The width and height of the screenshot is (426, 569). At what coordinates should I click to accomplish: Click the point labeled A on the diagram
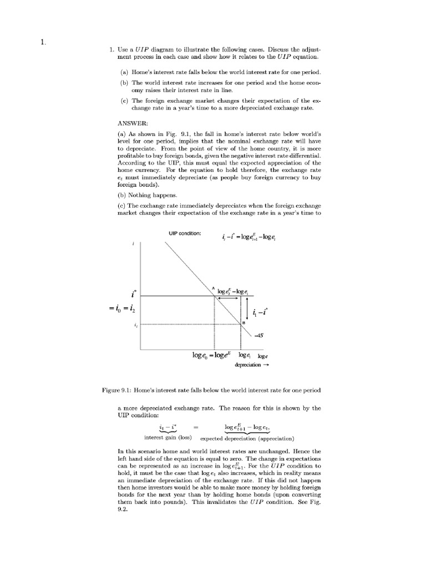[212, 287]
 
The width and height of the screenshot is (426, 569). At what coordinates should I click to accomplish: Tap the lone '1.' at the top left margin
[50, 41]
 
